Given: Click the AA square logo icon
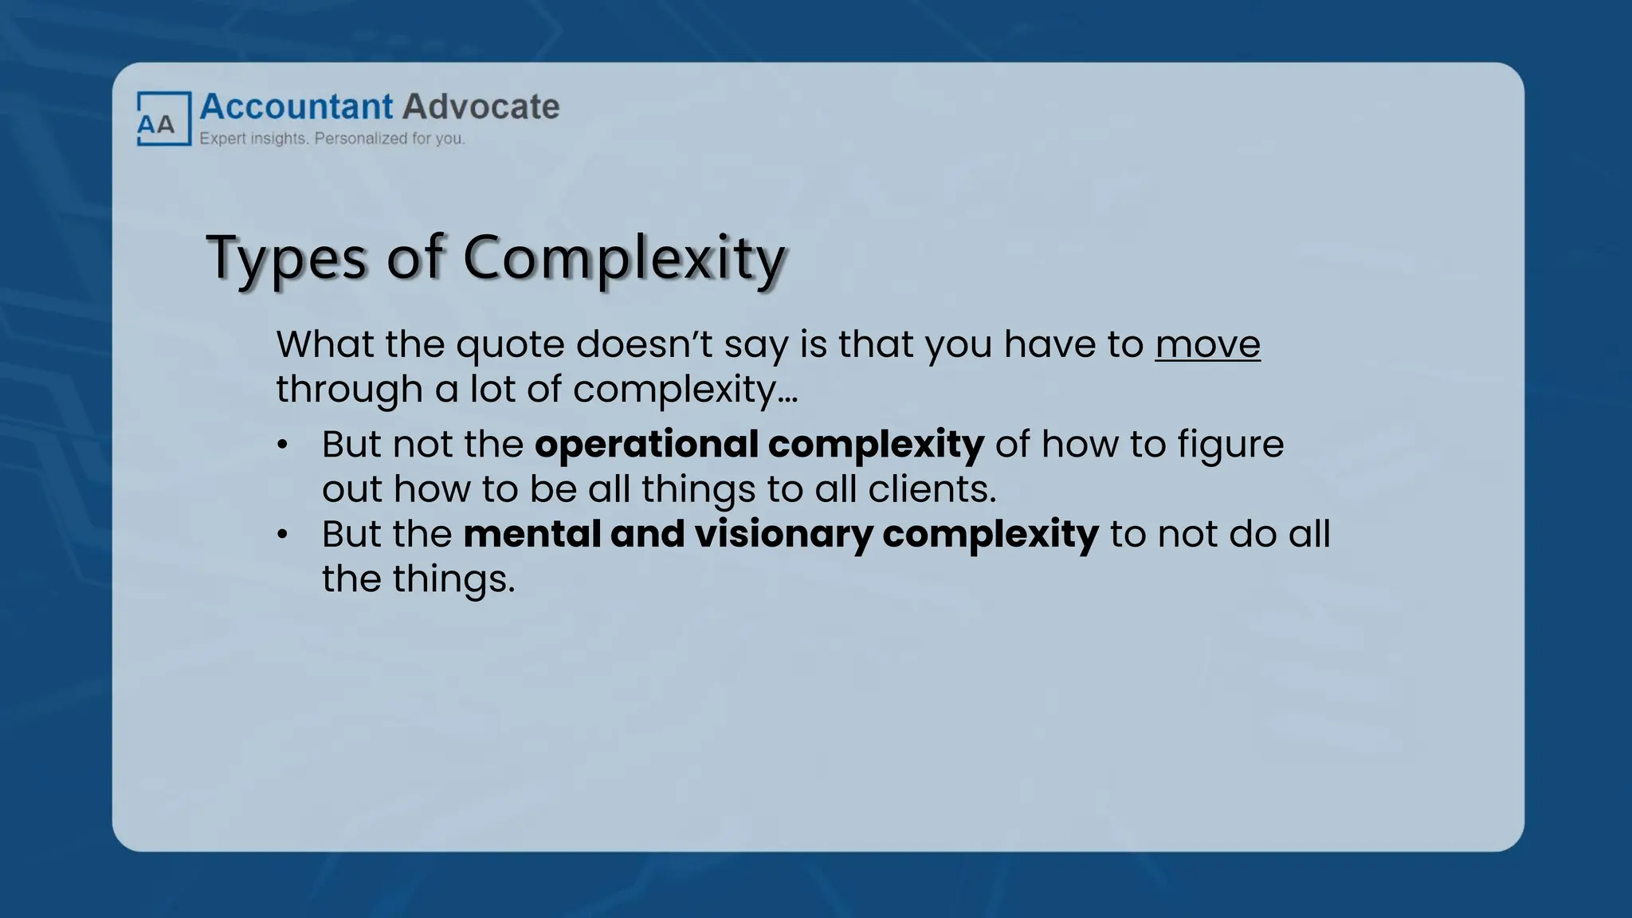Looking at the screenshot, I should click(163, 119).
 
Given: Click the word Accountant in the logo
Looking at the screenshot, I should click(296, 107).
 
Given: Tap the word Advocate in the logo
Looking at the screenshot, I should click(481, 107).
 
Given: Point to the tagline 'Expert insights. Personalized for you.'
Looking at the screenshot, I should click(331, 139).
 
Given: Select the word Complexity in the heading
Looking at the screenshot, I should click(624, 259).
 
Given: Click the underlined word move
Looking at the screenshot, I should click(1207, 345).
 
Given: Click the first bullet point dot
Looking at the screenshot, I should click(282, 445).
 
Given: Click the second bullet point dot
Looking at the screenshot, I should click(282, 535).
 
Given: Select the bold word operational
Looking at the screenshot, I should click(645, 445).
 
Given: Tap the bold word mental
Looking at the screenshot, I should click(532, 534).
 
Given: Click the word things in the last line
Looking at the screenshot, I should click(453, 579).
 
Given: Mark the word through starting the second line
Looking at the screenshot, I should click(349, 390).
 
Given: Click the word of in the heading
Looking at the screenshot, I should click(414, 257).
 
